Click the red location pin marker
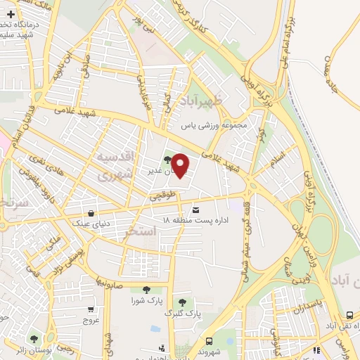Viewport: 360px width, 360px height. coord(181,165)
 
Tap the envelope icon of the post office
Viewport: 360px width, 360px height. coord(195,210)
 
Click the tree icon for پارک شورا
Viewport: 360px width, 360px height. coord(146,289)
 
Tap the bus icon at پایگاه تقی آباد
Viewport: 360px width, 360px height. coord(349,315)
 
